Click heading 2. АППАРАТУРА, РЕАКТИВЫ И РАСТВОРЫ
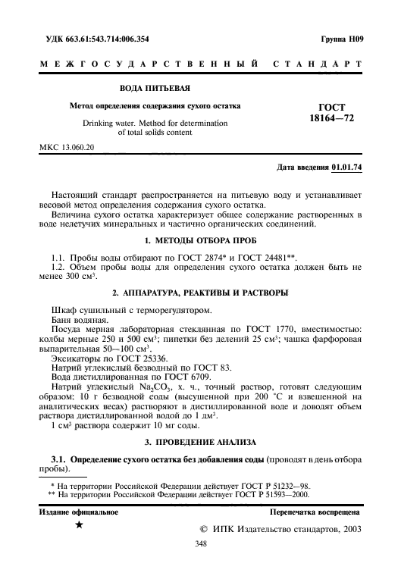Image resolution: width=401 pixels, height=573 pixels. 200,293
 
